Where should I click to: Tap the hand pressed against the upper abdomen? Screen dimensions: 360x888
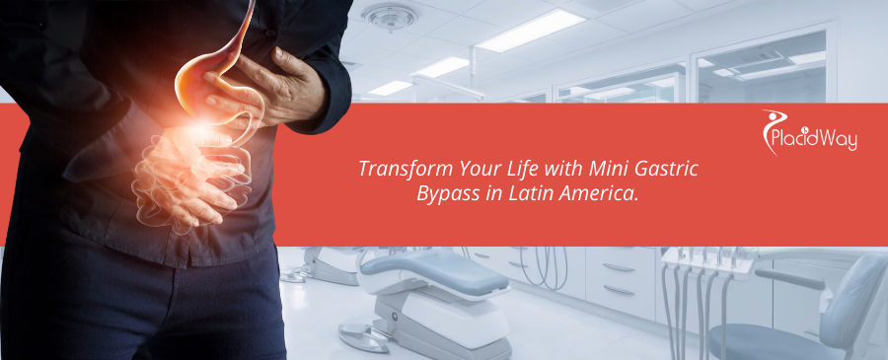pyautogui.click(x=281, y=89)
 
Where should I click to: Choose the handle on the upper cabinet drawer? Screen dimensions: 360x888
pyautogui.click(x=620, y=266)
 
